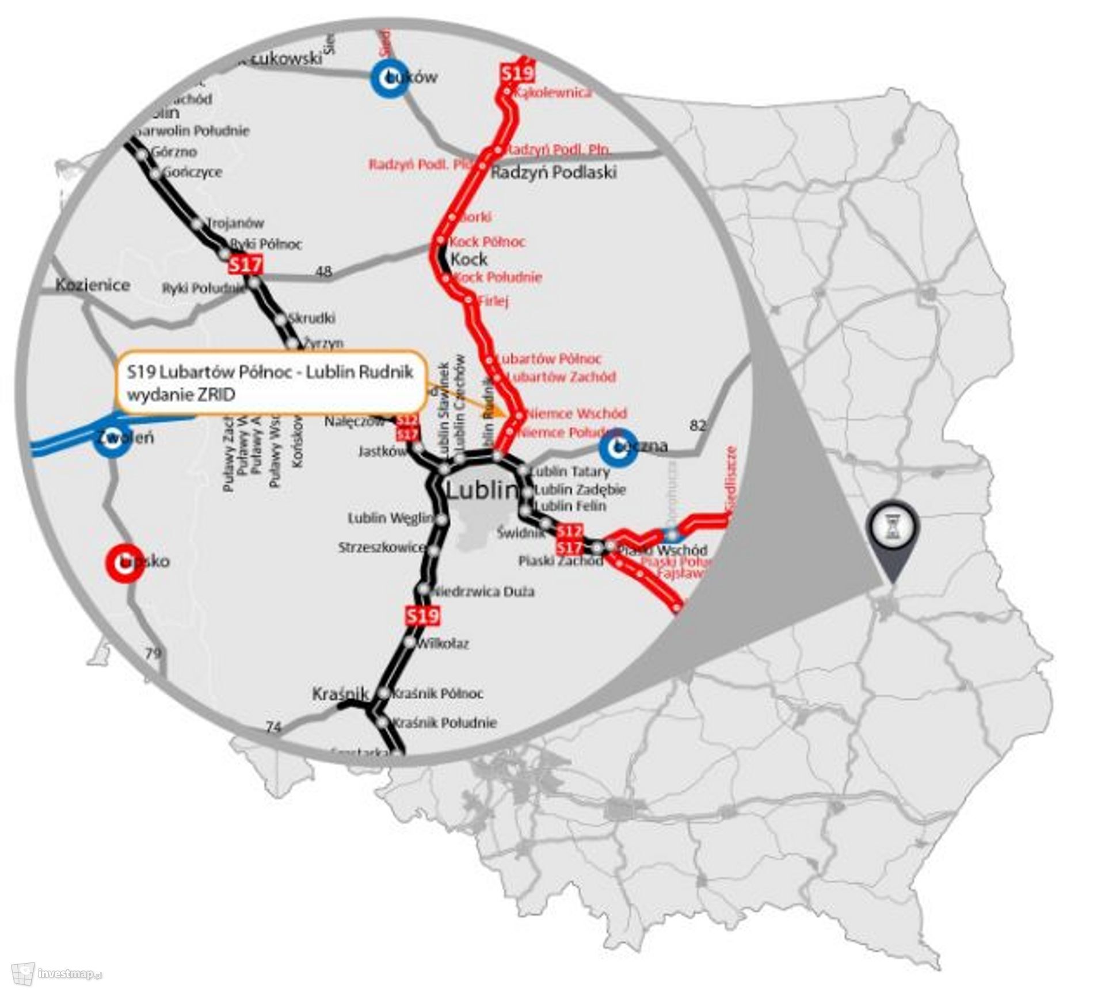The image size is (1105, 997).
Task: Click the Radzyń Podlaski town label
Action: (x=553, y=172)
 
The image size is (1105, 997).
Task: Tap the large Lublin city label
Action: (x=482, y=491)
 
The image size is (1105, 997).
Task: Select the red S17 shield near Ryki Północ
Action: (x=245, y=265)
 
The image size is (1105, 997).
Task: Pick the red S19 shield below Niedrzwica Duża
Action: (x=422, y=616)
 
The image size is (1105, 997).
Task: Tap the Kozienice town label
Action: (x=93, y=285)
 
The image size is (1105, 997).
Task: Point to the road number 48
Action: (x=325, y=272)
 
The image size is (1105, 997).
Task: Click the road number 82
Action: (x=697, y=426)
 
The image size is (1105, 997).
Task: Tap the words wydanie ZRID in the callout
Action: (x=181, y=395)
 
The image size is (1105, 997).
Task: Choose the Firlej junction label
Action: (x=493, y=300)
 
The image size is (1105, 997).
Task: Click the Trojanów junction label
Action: (x=235, y=223)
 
